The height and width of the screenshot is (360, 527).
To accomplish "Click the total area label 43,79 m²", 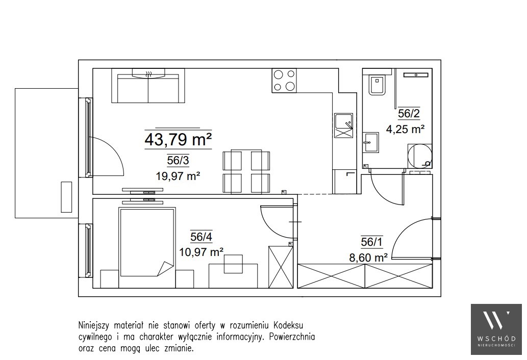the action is [178, 140].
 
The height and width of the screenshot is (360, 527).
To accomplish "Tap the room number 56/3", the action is [178, 161].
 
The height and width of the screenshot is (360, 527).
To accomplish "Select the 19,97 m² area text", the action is [178, 175].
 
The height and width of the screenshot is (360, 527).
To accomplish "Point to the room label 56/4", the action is [202, 237].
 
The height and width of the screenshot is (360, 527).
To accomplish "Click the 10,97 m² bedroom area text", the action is [202, 251].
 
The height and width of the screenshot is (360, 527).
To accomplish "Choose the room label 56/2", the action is [409, 114].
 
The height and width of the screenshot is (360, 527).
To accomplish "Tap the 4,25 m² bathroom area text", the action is [406, 129].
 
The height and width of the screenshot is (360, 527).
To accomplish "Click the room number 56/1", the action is [372, 242].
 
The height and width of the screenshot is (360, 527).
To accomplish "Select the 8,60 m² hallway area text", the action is [369, 258].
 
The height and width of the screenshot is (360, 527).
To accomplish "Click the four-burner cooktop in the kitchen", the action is [284, 81].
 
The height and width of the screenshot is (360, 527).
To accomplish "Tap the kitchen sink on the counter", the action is [343, 125].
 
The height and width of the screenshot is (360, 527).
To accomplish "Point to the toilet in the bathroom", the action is [378, 85].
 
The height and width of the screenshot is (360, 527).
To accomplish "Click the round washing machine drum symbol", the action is [419, 156].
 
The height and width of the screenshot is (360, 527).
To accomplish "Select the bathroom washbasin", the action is [370, 143].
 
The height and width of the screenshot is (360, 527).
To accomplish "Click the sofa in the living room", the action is [148, 86].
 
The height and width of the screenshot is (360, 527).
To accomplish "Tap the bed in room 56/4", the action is [147, 242].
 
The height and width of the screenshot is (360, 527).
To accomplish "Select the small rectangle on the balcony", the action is [66, 197].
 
